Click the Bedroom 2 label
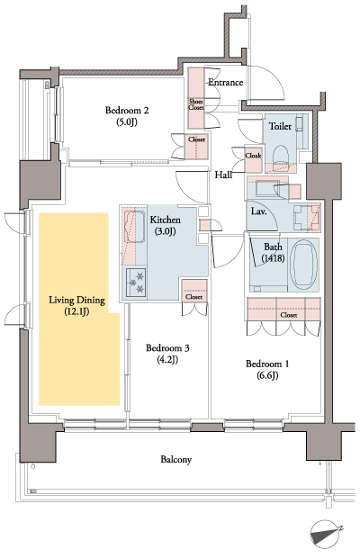[x=126, y=111]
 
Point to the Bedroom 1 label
[x=269, y=364]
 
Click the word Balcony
[x=175, y=459]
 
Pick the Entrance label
[x=226, y=83]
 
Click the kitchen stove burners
[x=136, y=282]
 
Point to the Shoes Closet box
[x=195, y=103]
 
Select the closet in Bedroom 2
[x=196, y=139]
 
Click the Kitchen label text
[x=166, y=220]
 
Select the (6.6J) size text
[x=269, y=377]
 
